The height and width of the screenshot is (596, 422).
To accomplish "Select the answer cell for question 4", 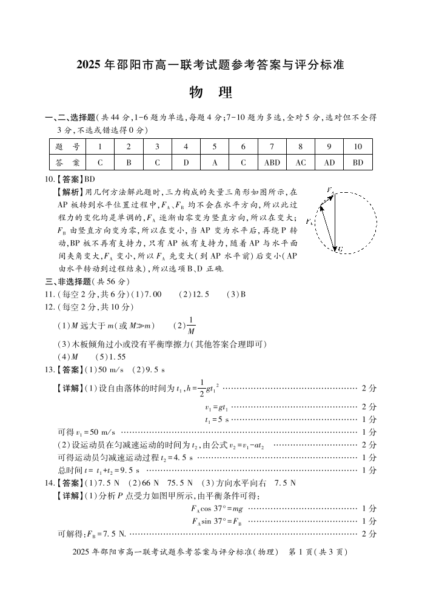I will (x=186, y=162).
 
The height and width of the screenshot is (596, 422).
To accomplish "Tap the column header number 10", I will (x=358, y=146).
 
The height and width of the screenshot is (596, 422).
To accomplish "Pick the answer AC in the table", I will (x=301, y=162).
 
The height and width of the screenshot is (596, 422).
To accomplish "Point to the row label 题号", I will (x=67, y=146).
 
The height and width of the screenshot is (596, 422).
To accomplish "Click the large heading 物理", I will (x=210, y=93).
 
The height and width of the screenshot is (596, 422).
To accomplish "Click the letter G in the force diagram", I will (x=341, y=249).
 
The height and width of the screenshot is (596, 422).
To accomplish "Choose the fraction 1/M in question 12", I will (x=191, y=325).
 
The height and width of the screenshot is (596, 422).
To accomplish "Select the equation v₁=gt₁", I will (x=216, y=407).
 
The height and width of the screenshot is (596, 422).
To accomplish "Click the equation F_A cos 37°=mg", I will (x=216, y=509).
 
